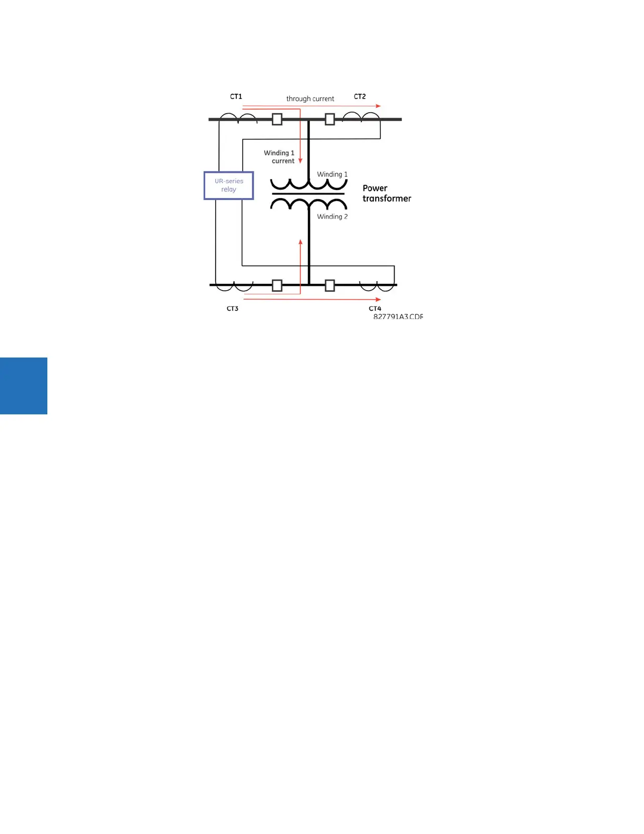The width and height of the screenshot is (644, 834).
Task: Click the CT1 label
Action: [236, 97]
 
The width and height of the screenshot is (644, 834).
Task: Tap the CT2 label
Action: [359, 97]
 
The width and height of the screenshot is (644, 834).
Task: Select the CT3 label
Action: [232, 309]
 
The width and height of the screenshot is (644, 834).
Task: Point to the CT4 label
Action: [375, 309]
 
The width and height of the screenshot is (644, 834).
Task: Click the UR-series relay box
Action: [229, 185]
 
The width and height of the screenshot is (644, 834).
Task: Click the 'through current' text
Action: [310, 98]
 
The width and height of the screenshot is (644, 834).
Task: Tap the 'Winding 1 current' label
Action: [279, 157]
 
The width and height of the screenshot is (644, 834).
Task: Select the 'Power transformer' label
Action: [386, 193]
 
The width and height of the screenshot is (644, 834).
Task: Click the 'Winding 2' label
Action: [332, 216]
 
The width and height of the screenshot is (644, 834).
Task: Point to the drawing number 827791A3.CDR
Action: [398, 316]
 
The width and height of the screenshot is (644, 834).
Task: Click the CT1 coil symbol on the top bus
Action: [238, 117]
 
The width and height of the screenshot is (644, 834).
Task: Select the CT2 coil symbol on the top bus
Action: [361, 116]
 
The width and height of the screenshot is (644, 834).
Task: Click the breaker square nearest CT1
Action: [277, 120]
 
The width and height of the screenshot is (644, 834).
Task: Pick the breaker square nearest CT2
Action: [330, 120]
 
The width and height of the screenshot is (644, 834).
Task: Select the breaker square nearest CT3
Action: [277, 285]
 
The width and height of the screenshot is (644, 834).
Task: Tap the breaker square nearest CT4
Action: [330, 285]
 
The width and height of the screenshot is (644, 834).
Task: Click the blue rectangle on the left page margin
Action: [24, 386]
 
